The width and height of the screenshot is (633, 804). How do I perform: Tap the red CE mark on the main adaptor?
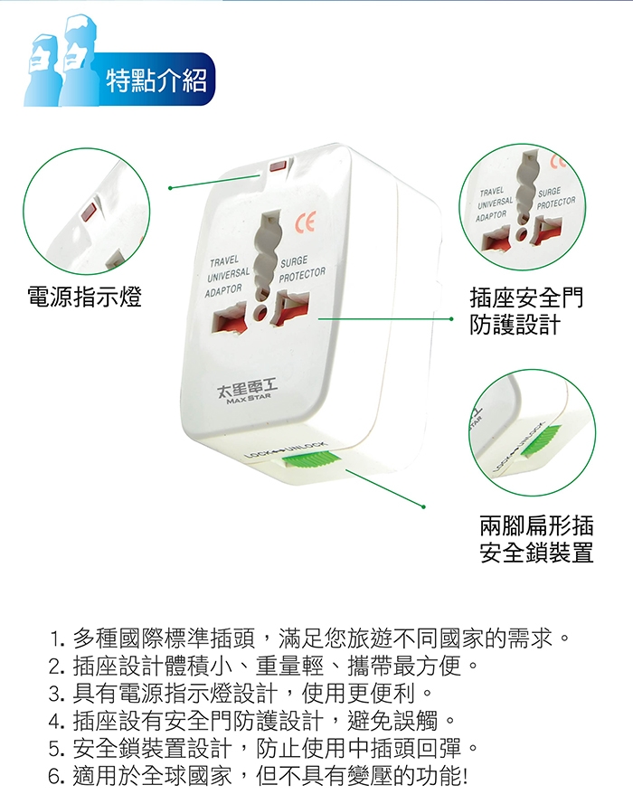pyautogui.click(x=305, y=222)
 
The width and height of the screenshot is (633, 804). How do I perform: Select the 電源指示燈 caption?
pyautogui.click(x=85, y=297)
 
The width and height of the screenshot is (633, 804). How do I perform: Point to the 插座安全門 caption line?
pyautogui.click(x=526, y=298)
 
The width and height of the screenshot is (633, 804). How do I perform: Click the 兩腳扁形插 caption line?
pyautogui.click(x=536, y=525)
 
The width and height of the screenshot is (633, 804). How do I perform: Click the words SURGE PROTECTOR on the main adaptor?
pyautogui.click(x=302, y=270)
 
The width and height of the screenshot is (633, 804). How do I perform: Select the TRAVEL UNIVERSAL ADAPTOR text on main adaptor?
pyautogui.click(x=228, y=277)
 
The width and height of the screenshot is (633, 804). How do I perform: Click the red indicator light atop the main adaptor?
pyautogui.click(x=278, y=166)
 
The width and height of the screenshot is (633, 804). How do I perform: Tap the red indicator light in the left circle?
pyautogui.click(x=89, y=212)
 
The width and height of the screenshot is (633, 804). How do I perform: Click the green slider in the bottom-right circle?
pyautogui.click(x=542, y=441)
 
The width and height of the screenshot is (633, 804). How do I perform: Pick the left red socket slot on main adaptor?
pyautogui.click(x=230, y=319)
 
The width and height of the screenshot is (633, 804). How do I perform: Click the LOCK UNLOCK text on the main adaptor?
pyautogui.click(x=285, y=449)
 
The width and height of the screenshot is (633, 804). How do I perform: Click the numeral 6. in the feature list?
pyautogui.click(x=56, y=776)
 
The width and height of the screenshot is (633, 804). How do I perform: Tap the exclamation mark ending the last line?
pyautogui.click(x=465, y=776)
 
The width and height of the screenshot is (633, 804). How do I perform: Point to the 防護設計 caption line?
pyautogui.click(x=515, y=325)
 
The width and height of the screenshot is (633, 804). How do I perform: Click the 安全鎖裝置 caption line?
pyautogui.click(x=536, y=553)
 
